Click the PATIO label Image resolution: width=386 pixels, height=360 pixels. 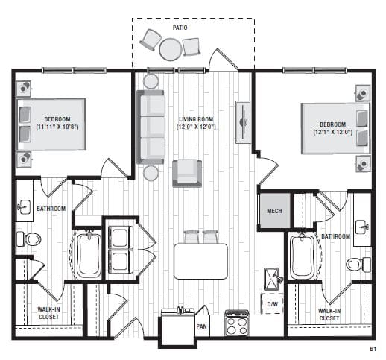(x=180, y=28)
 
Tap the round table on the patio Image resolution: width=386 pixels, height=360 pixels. (x=170, y=49)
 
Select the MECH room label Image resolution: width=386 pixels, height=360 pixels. (x=274, y=211)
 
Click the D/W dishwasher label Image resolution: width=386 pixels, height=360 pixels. (x=273, y=304)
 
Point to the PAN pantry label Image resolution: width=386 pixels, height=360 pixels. (x=201, y=326)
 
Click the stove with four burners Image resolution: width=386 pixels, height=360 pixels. (x=237, y=323)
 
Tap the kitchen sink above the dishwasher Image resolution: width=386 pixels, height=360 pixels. (x=273, y=279)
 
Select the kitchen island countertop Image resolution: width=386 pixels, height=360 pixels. (x=200, y=262)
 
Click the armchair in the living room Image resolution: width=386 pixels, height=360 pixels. (x=187, y=174)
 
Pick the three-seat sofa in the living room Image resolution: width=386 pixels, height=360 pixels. (x=151, y=127)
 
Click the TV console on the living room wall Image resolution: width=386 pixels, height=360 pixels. (x=243, y=122)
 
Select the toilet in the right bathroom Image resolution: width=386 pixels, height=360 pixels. (x=358, y=265)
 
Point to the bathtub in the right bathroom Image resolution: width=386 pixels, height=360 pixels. (x=303, y=256)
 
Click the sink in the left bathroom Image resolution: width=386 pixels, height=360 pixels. (x=24, y=207)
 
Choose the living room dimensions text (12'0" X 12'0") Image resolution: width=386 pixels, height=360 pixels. (x=196, y=127)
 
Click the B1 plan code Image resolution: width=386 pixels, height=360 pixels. (x=373, y=349)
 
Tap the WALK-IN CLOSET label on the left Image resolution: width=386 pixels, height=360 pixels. (x=48, y=313)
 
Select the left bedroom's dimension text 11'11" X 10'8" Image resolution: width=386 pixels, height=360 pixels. (x=57, y=127)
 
